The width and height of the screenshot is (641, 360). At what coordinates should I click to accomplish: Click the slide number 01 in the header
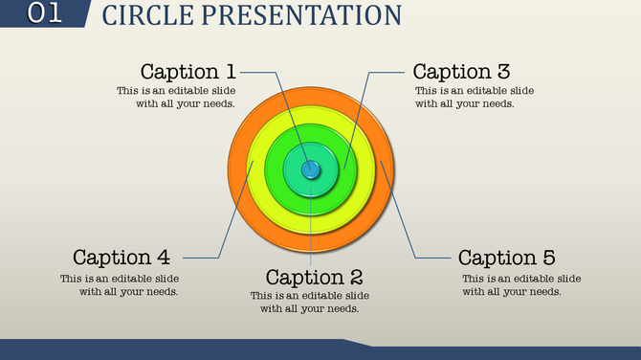tap(43, 13)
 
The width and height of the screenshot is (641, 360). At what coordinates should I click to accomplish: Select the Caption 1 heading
tap(188, 71)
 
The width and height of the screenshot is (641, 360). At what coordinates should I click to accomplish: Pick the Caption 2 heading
tap(314, 278)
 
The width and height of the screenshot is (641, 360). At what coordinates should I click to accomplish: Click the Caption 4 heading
tap(121, 257)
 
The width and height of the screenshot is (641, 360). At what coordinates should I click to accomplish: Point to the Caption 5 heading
tap(506, 258)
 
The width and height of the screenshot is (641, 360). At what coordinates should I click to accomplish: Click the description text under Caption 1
tap(176, 97)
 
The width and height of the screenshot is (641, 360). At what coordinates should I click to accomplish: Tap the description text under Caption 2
tap(310, 302)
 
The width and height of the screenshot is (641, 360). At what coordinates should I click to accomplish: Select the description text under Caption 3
tap(475, 97)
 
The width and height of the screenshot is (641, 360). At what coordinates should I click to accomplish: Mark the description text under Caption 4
tap(120, 284)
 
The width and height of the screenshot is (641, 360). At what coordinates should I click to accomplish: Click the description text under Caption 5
tap(521, 284)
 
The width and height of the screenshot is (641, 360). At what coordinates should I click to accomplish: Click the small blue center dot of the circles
tap(311, 169)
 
